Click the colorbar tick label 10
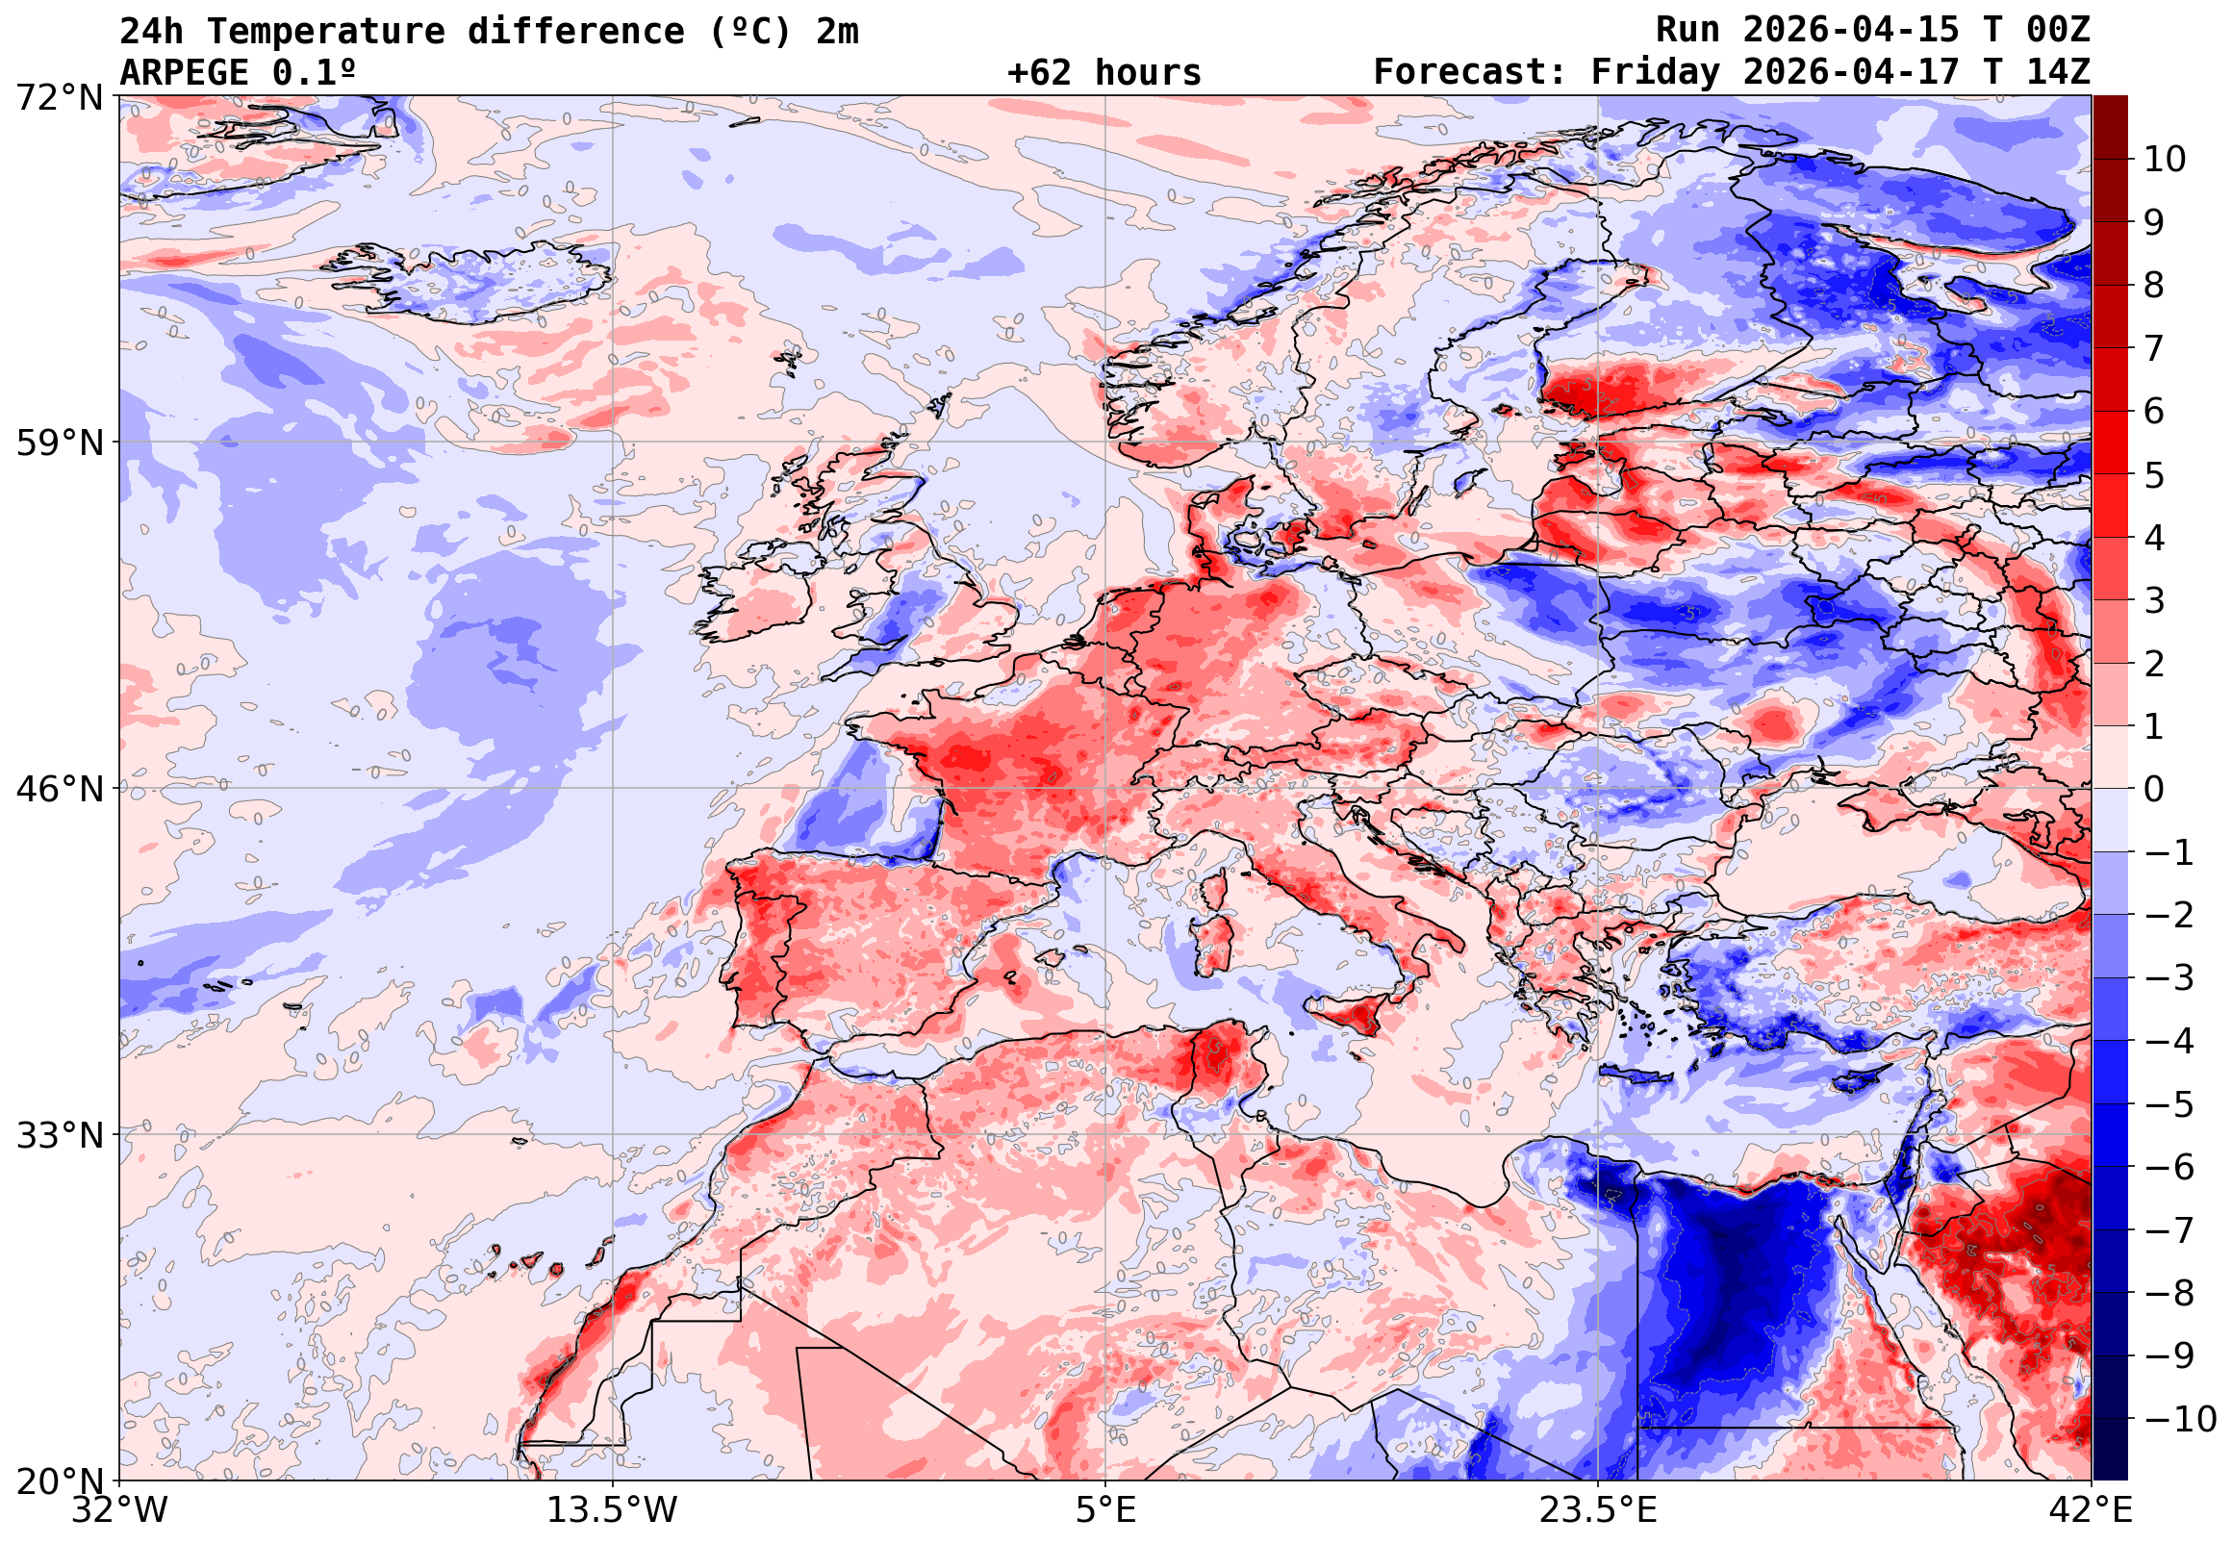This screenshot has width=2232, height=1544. [2165, 160]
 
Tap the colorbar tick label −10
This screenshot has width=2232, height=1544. [2180, 1420]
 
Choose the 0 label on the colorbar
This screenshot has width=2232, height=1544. [2154, 790]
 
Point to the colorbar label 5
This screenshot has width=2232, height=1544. [2154, 475]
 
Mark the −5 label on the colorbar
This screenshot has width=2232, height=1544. [2169, 1104]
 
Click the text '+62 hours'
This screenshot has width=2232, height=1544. [1103, 72]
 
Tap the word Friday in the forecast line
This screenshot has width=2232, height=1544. [1656, 72]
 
